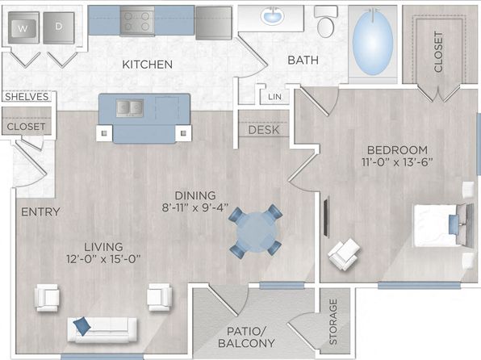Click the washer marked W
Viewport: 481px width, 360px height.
click(x=23, y=27)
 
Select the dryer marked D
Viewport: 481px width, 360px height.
click(x=59, y=27)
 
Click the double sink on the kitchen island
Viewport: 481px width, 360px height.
click(x=130, y=108)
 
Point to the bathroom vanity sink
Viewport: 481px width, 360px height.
click(x=272, y=16)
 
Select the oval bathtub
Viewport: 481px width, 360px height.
click(x=373, y=42)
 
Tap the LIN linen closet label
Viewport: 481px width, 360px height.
click(x=274, y=97)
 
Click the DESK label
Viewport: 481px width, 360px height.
click(x=264, y=130)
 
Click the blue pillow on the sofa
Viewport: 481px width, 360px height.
click(x=82, y=325)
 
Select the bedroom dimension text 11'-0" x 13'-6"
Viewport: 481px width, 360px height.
click(x=397, y=161)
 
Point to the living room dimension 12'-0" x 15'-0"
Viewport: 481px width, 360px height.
click(x=103, y=259)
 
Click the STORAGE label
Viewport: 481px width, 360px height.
click(x=333, y=321)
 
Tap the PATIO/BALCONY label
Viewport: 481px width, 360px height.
click(x=246, y=337)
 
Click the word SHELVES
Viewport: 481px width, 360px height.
click(x=27, y=97)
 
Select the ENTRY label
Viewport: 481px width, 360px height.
click(x=40, y=211)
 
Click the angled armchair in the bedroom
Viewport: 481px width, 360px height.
click(x=344, y=254)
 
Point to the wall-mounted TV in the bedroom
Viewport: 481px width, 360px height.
click(x=326, y=216)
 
